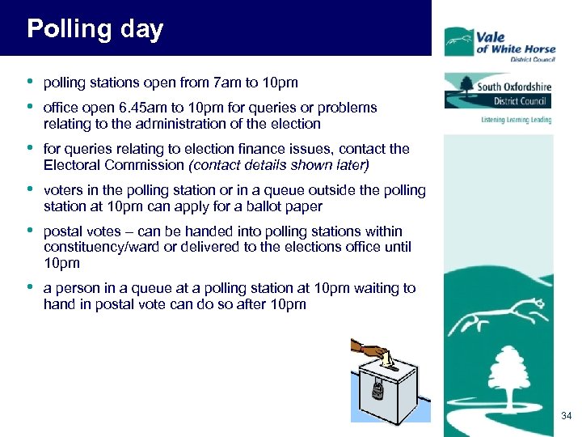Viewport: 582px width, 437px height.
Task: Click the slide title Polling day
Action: tap(95, 29)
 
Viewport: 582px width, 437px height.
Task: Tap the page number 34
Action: tap(566, 416)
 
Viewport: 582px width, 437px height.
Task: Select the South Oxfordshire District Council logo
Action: tap(498, 91)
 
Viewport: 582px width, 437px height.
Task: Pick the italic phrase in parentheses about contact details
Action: tap(279, 165)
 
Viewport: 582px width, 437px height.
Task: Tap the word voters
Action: tap(62, 190)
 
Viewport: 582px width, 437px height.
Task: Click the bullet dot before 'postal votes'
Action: tap(30, 231)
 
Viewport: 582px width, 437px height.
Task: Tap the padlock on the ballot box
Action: tap(377, 390)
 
